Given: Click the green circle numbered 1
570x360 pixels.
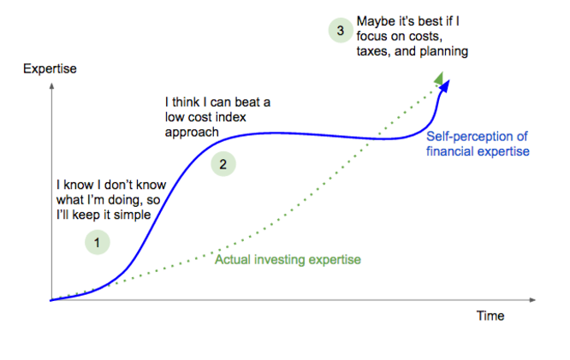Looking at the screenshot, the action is coord(98,242).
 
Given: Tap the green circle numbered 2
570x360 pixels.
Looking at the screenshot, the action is coord(223,164).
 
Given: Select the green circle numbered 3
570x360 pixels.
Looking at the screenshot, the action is coord(341,30).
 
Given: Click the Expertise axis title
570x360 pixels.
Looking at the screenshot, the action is coord(50,68).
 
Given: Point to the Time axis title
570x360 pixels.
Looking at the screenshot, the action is coord(490,316).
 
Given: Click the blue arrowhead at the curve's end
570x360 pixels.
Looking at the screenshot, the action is coord(445,86).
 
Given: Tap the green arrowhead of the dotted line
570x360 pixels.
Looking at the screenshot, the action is coord(439,79).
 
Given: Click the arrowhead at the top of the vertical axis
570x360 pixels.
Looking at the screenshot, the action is coord(51,86).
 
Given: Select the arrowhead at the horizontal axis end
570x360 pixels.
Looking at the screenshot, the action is coord(532,300).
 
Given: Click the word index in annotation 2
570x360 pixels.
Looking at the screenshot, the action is coord(230,117).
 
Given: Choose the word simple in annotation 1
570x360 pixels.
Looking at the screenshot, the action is coord(133,215).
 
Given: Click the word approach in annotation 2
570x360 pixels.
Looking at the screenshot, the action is coord(192,133).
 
